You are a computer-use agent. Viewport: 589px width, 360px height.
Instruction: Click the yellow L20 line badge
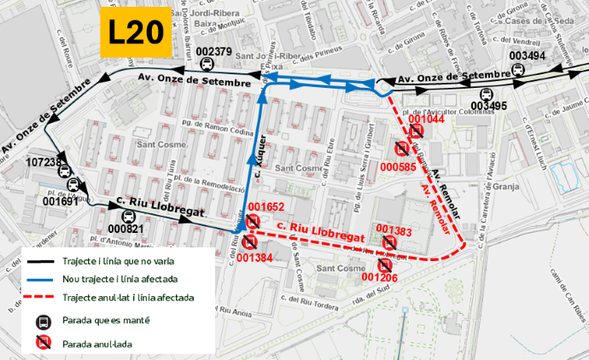(x=136, y=32)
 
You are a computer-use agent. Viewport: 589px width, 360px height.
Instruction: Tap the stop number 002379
(x=213, y=52)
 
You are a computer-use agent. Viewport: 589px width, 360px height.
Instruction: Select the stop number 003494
(x=527, y=56)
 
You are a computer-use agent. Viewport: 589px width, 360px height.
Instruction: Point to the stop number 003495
(x=488, y=107)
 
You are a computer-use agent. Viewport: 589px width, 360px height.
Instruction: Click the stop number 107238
(x=44, y=162)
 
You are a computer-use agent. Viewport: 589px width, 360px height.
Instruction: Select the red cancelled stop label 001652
(x=265, y=207)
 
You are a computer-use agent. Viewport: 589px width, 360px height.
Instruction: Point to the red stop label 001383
(x=394, y=230)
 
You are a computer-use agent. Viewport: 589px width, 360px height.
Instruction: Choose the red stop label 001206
(x=379, y=277)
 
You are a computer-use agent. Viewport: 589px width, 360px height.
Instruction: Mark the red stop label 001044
(x=426, y=119)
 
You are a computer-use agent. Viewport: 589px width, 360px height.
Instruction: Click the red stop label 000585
(x=398, y=167)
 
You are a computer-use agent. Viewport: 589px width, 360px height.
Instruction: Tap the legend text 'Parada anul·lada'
(x=99, y=344)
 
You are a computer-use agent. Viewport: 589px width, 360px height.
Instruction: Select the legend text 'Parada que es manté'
(x=105, y=321)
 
